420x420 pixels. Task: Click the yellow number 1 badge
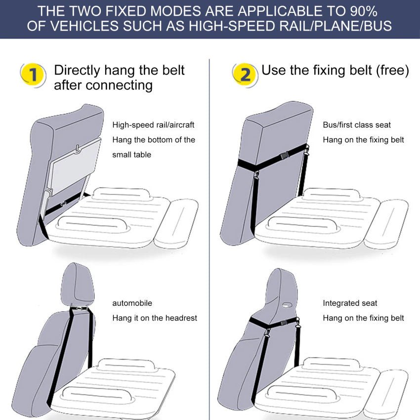[33, 75]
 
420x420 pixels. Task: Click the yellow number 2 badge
[244, 75]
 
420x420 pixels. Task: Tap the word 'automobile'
[132, 303]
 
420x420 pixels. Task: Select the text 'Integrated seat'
[350, 303]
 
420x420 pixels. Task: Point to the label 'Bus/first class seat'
[357, 125]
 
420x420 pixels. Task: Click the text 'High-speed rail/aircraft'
[153, 125]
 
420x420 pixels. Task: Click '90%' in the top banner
[363, 11]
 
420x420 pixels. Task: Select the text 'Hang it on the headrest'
[155, 318]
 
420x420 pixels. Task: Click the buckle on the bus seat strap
[285, 155]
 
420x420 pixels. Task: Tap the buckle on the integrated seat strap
[284, 323]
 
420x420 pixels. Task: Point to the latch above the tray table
[78, 149]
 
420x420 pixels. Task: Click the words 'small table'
[131, 155]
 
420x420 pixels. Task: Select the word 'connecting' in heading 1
[119, 85]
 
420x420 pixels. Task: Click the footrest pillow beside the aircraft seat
[176, 224]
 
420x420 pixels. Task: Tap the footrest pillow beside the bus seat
[386, 224]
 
